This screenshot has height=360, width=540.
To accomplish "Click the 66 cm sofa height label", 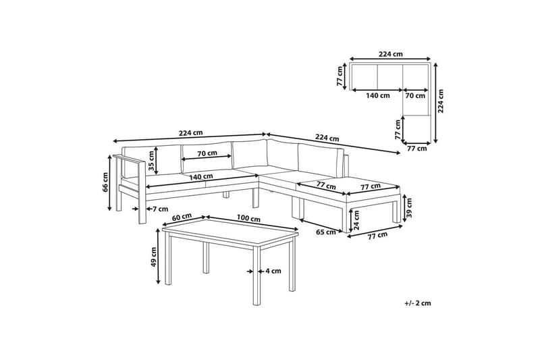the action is point(105,182).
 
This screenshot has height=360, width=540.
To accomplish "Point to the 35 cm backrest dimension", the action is point(151,161).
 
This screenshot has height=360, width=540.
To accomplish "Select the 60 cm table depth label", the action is point(182,217).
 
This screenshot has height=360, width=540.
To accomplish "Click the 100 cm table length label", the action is point(248,218).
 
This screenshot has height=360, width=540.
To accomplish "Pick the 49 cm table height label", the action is point(154,257).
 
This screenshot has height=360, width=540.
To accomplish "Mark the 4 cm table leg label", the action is point(273,271).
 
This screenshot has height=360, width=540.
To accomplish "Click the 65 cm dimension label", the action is point(326,232).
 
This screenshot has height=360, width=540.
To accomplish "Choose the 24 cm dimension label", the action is point(356,220).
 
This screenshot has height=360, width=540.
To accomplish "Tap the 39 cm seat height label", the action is point(410,208).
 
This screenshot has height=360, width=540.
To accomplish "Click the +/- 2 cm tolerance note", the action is point(418,303).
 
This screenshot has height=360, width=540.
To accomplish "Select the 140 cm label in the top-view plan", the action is point(378,95).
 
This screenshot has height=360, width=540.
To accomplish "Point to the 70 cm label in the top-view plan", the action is point(415,95).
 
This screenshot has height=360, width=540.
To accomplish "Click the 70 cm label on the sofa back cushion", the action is point(207,153).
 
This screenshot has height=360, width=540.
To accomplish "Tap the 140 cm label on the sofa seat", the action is point(200,176).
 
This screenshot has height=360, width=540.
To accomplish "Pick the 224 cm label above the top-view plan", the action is point(391,54).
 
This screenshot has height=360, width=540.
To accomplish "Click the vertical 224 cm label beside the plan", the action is point(441,101).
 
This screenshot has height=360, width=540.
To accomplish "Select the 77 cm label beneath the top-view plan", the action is point(416,149).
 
